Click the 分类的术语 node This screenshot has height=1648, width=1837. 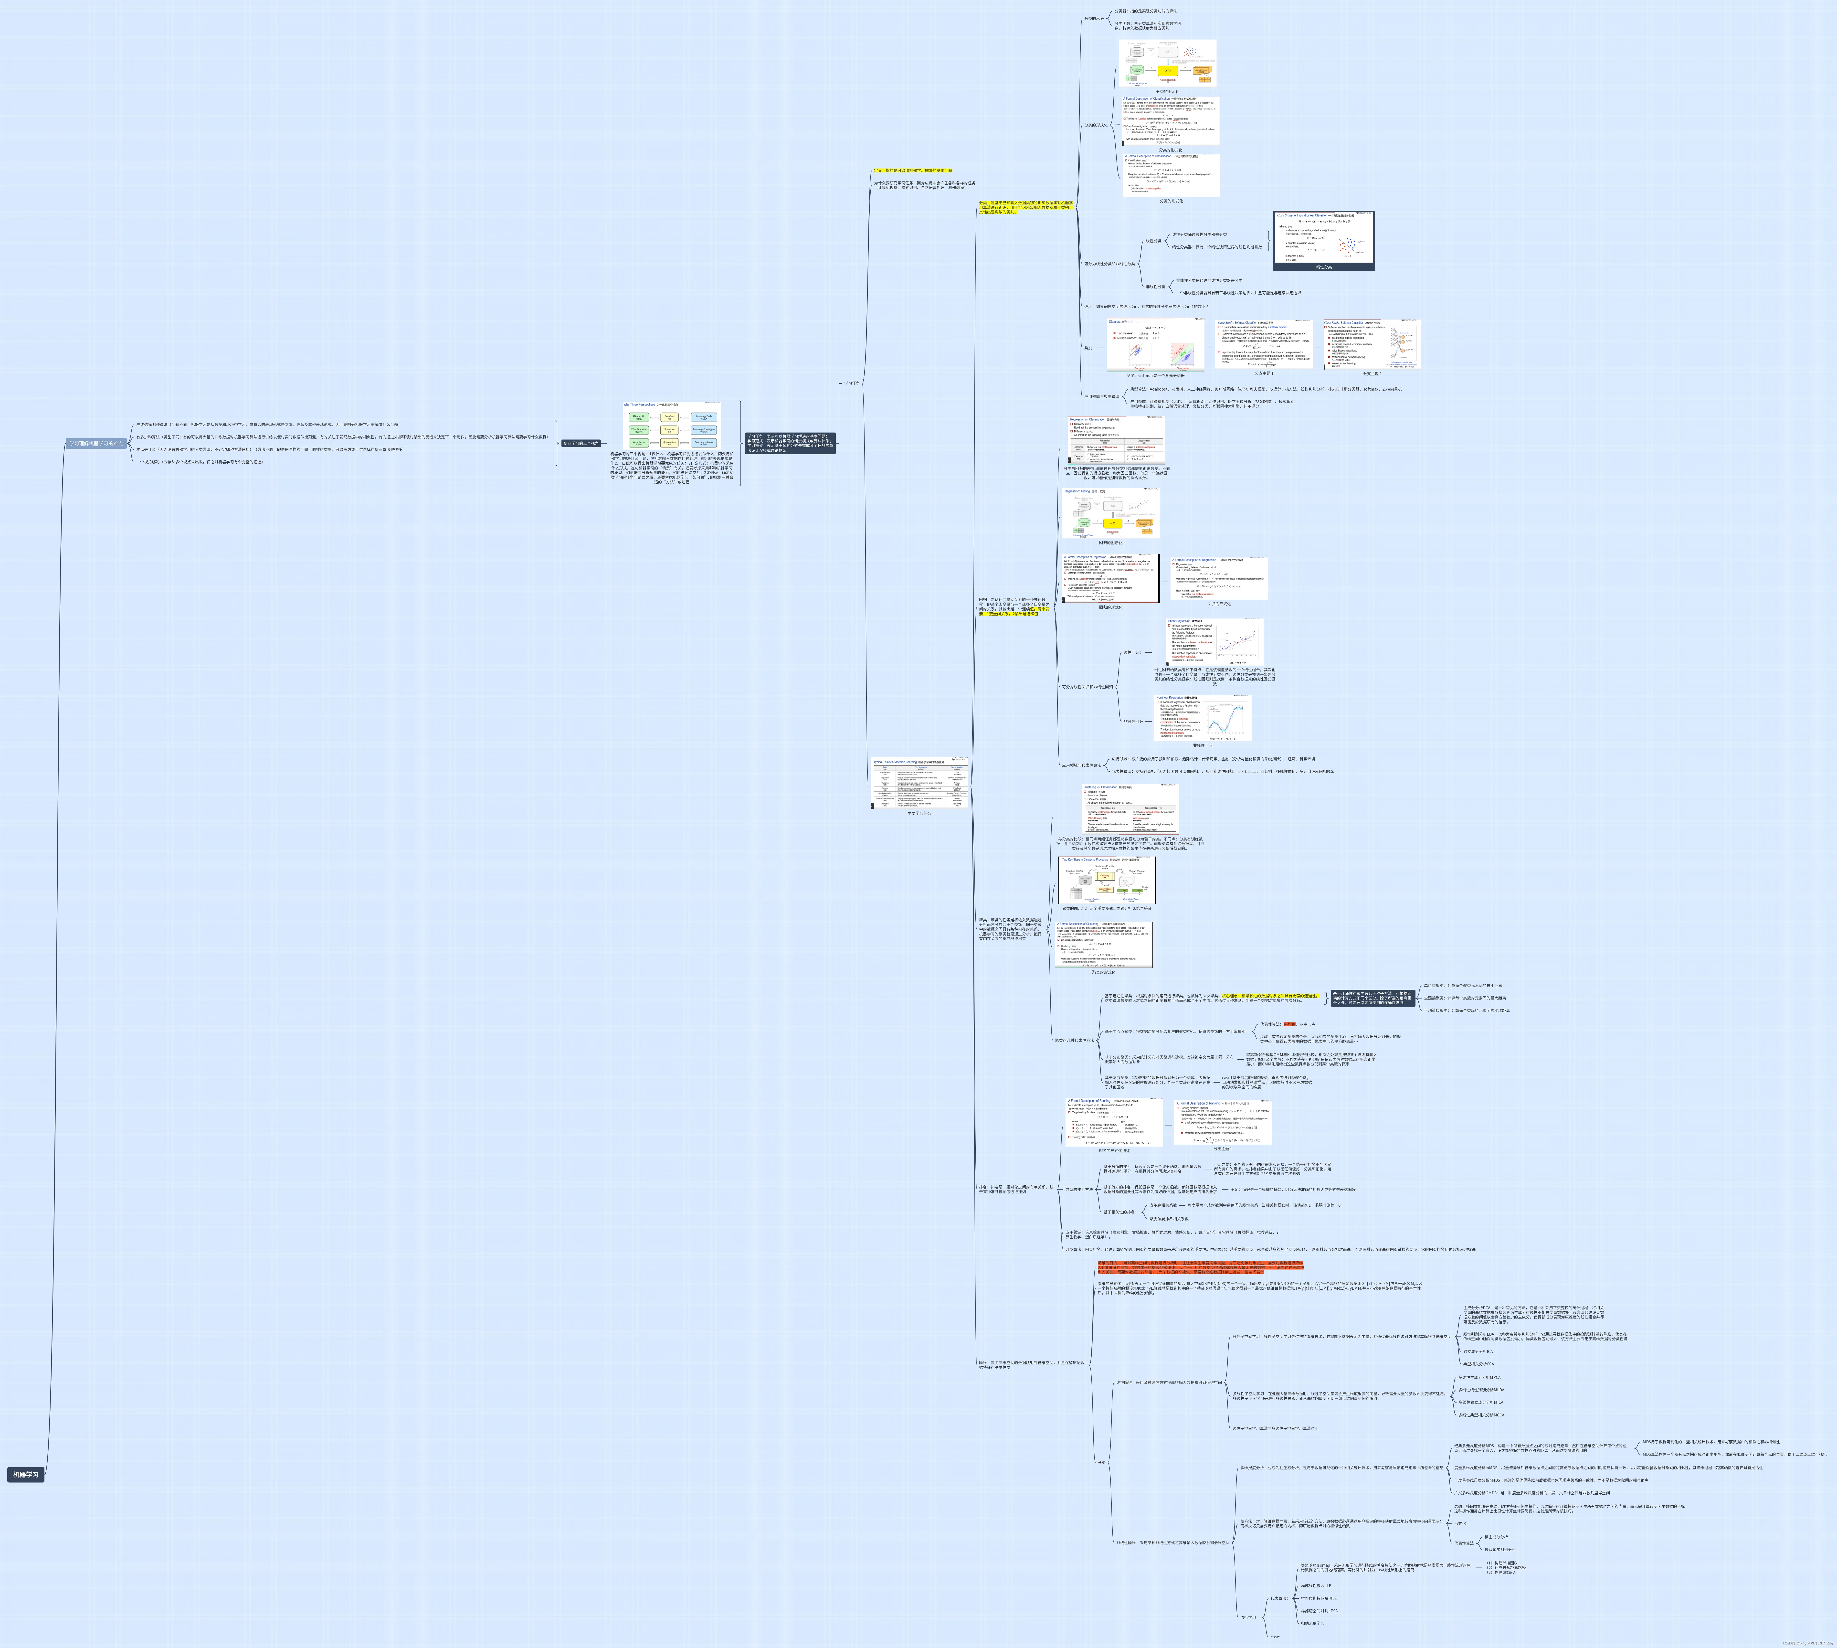click(x=1094, y=18)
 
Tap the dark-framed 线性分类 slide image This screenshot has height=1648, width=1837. click(x=1324, y=240)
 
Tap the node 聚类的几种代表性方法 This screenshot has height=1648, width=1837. click(x=1074, y=1040)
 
